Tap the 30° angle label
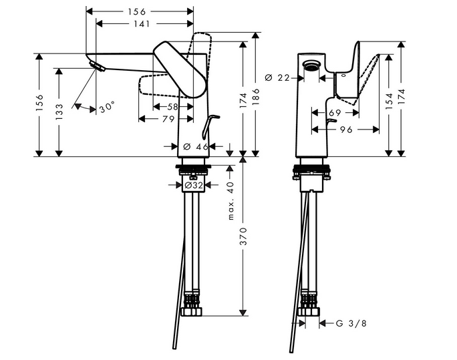pos(106,106)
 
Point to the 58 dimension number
pos(172,107)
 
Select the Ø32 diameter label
pos(194,185)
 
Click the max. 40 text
pos(231,200)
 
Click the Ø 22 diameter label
pos(277,78)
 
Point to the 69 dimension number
pos(335,113)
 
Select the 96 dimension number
pos(346,130)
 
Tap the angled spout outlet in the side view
pos(98,65)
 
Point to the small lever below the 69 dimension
pos(333,124)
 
